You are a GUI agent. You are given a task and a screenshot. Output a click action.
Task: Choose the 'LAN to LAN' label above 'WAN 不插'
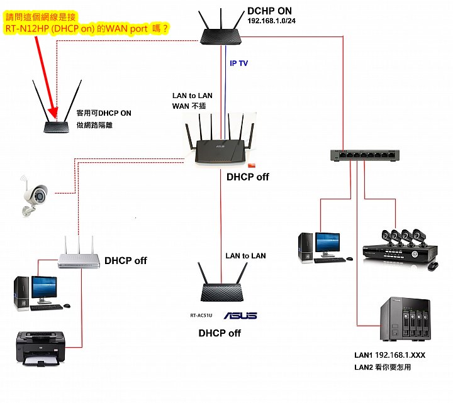(x=193, y=96)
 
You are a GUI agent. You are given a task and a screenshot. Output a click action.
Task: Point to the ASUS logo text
(x=240, y=316)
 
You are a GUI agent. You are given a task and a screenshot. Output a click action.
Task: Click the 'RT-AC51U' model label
(x=202, y=316)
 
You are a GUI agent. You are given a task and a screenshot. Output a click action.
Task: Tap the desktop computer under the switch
(x=322, y=247)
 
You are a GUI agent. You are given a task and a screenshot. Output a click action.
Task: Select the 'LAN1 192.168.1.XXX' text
(x=390, y=355)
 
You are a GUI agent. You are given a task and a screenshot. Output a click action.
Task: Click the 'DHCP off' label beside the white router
(x=126, y=260)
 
